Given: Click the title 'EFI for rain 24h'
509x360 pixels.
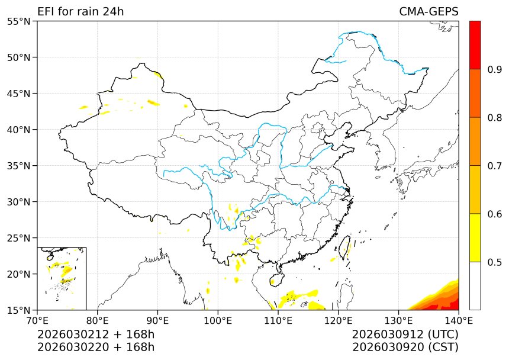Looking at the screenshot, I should [x=80, y=12].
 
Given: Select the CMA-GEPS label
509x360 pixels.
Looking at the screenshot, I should [x=429, y=12].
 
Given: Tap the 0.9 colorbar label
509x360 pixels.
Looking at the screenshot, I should [x=495, y=70].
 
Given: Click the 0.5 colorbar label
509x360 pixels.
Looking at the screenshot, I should [x=495, y=262].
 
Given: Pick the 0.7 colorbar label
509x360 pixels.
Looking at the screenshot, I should [x=495, y=166].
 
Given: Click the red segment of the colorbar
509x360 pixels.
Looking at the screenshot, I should [x=475, y=45].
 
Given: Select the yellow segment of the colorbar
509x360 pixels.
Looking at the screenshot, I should [x=475, y=237].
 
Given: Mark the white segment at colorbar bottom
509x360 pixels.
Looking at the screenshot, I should [x=475, y=285].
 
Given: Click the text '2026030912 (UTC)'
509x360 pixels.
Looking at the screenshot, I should [x=405, y=335].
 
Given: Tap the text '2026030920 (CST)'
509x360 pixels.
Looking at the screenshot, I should [x=405, y=347].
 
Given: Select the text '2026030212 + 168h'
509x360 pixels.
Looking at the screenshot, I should [x=96, y=335].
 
